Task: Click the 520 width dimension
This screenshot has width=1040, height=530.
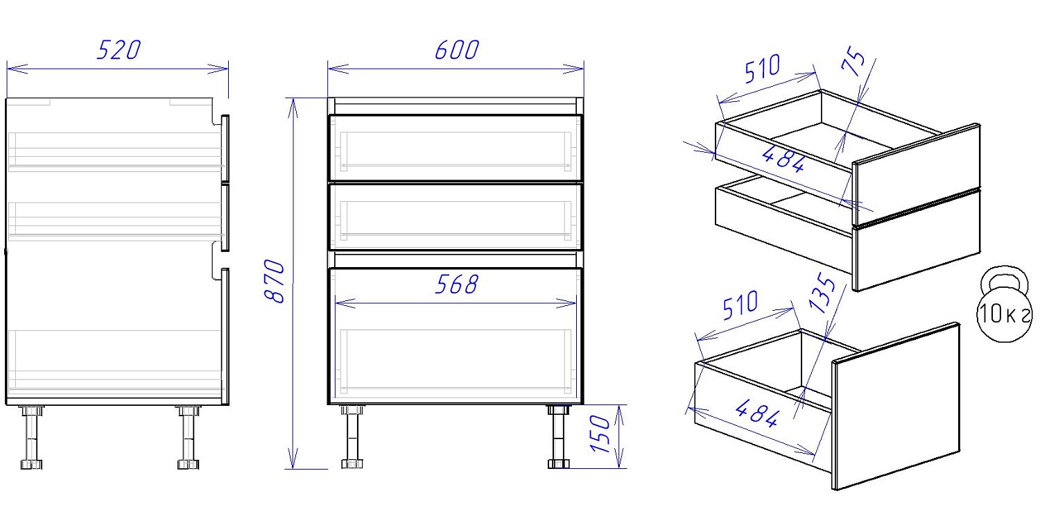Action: pyautogui.click(x=119, y=50)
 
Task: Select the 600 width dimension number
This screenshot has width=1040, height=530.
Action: pyautogui.click(x=457, y=50)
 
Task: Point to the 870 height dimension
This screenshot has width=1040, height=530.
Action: pyautogui.click(x=274, y=282)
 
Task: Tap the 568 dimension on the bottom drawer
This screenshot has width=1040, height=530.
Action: pyautogui.click(x=457, y=284)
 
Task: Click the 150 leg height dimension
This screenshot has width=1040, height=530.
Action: pyautogui.click(x=600, y=434)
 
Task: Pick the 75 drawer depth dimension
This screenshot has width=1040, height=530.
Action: pyautogui.click(x=853, y=61)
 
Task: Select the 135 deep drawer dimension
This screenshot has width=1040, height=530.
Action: pyautogui.click(x=822, y=293)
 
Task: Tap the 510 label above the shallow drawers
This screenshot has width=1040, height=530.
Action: pyautogui.click(x=763, y=69)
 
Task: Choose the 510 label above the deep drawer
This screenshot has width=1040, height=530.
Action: pyautogui.click(x=740, y=305)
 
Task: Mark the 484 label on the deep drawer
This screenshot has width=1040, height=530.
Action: pyautogui.click(x=757, y=413)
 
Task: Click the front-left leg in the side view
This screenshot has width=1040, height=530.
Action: pyautogui.click(x=188, y=437)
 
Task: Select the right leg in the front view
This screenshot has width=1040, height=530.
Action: pyautogui.click(x=558, y=436)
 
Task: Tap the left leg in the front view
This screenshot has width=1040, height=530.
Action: pyautogui.click(x=352, y=436)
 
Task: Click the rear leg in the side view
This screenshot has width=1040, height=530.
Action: pyautogui.click(x=31, y=437)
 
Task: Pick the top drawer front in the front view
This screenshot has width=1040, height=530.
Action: pyautogui.click(x=456, y=148)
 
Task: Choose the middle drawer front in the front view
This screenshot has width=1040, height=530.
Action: pyautogui.click(x=456, y=217)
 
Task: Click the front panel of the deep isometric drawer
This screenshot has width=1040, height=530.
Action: pyautogui.click(x=896, y=407)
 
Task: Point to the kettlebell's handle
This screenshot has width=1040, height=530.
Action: pyautogui.click(x=1004, y=277)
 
